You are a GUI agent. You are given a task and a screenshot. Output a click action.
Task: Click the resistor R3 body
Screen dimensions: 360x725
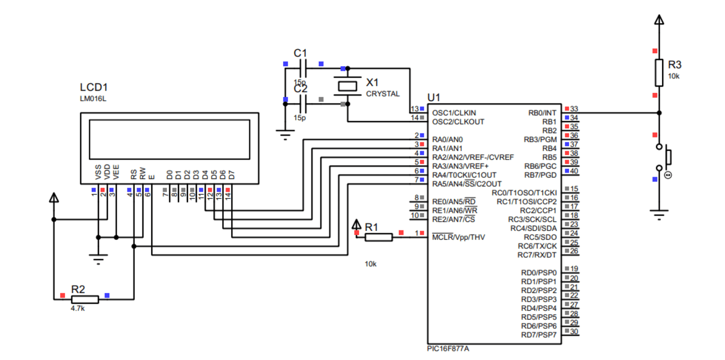(659, 72)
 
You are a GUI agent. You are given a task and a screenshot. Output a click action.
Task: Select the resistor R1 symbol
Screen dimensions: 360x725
(378, 237)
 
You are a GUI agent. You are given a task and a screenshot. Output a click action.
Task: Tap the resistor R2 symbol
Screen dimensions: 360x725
(85, 299)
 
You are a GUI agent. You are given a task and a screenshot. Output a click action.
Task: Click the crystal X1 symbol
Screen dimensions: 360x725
(347, 86)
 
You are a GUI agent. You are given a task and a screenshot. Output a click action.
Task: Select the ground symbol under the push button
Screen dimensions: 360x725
(659, 215)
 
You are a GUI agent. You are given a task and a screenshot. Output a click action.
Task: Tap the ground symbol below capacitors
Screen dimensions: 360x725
(285, 134)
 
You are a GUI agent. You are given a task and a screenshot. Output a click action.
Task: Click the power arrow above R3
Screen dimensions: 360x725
(659, 20)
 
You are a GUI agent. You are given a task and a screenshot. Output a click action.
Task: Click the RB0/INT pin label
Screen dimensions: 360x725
(542, 113)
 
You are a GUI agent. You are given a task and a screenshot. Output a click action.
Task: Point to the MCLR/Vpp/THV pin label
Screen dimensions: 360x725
(458, 237)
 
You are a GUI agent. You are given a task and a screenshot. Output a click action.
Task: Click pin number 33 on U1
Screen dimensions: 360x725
(574, 109)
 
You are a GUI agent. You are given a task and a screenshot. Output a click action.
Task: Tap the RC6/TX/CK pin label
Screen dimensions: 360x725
(537, 246)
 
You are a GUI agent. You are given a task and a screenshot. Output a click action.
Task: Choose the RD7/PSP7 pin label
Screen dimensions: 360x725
(539, 335)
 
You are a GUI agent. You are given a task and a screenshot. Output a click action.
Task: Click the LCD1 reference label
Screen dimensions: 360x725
(94, 88)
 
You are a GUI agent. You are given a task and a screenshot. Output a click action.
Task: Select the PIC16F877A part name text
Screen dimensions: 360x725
(448, 349)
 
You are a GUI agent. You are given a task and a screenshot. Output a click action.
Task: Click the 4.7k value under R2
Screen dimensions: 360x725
(78, 308)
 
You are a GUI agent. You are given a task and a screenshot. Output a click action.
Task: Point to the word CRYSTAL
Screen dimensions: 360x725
(382, 94)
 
